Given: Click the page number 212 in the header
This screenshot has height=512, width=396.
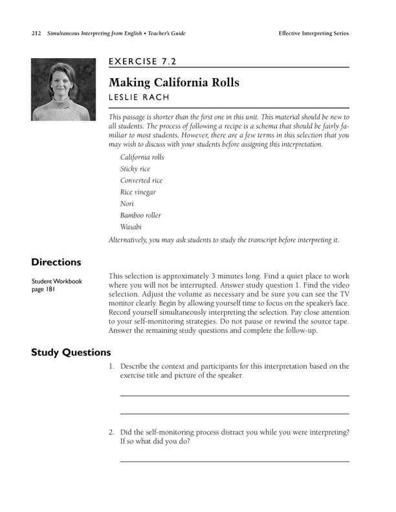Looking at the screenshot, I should point(36,33).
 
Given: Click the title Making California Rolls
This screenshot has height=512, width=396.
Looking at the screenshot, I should point(173,83).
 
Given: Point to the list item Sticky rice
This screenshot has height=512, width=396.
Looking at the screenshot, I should point(135,169).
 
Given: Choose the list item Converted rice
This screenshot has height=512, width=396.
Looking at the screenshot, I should point(141,180).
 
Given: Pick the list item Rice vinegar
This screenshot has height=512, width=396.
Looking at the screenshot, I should point(138,192).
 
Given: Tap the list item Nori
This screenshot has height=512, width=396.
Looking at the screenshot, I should point(127,204).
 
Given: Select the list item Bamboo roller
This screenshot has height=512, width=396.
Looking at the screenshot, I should point(140,215).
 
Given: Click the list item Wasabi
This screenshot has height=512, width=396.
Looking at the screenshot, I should point(131,227).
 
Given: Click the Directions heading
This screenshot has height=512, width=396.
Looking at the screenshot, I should point(56,262).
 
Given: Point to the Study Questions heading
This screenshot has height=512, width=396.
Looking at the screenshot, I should point(71,352).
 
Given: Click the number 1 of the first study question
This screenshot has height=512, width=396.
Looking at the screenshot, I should point(111,367).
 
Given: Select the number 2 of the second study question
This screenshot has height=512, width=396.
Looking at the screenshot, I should point(111,432).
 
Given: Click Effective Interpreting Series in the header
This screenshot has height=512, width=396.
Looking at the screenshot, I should point(313,33).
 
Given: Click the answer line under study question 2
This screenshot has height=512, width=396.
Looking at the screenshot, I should point(234,461).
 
